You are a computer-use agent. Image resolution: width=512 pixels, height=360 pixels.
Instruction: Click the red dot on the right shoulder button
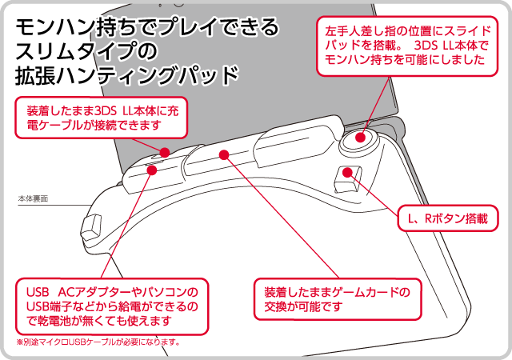click(x=346, y=172)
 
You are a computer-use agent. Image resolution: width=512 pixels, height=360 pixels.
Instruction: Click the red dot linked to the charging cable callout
click(x=165, y=151)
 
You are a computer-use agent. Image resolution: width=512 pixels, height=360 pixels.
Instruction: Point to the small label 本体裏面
click(x=31, y=197)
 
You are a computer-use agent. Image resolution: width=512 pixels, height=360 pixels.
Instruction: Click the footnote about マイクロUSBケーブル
click(x=99, y=342)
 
